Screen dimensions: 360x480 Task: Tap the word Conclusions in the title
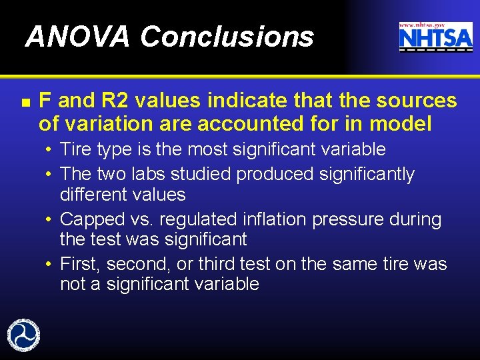coord(227,37)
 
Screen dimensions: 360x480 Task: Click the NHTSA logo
coord(435,39)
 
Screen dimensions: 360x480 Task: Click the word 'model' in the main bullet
coord(399,123)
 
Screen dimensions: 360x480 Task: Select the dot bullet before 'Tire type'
coord(50,149)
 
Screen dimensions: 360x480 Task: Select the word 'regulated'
coord(193,219)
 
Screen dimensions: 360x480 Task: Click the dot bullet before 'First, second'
coord(50,265)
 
